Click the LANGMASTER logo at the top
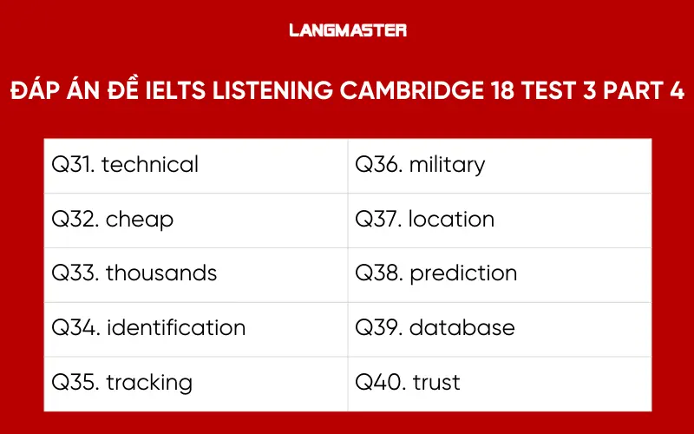(347, 30)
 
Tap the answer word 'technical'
(149, 164)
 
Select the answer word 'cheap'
(139, 219)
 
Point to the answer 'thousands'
(161, 273)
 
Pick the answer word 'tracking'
(149, 382)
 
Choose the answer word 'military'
(447, 164)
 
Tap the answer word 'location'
(451, 219)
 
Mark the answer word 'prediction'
(463, 273)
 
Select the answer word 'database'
(462, 327)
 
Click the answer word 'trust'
(436, 382)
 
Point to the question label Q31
(72, 164)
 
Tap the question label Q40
(379, 382)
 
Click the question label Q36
(377, 164)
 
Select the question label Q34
(74, 327)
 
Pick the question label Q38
(378, 273)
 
